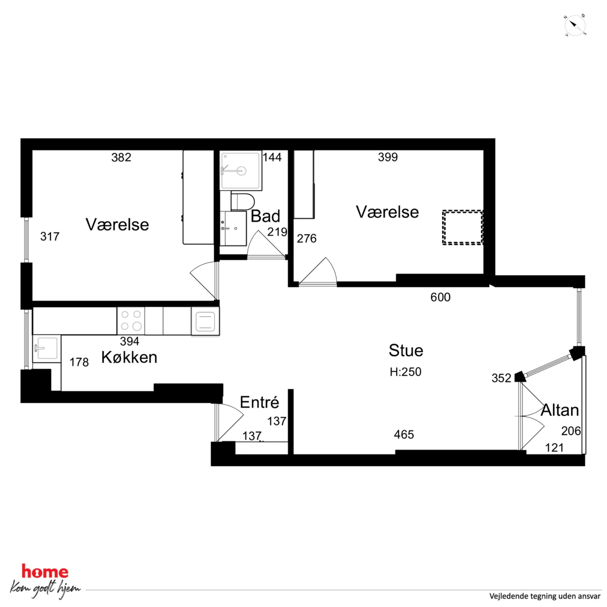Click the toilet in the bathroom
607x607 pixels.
(x=242, y=201)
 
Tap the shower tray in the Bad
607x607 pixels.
(x=241, y=171)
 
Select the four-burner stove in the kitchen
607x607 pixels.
(x=131, y=320)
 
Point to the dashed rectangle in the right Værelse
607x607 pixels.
(x=463, y=227)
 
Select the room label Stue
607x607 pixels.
(x=406, y=350)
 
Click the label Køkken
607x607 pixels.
(x=129, y=358)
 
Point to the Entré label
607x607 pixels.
(x=259, y=402)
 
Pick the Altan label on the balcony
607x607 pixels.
(x=560, y=410)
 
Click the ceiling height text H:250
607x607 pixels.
(x=405, y=372)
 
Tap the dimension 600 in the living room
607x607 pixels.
(x=441, y=297)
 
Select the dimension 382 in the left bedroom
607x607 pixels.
(x=121, y=157)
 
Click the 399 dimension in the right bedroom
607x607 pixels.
(x=388, y=157)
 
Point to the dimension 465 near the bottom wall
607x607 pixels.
(x=404, y=435)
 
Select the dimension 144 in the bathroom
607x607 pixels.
(x=272, y=157)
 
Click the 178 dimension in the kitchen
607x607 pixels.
(x=79, y=362)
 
